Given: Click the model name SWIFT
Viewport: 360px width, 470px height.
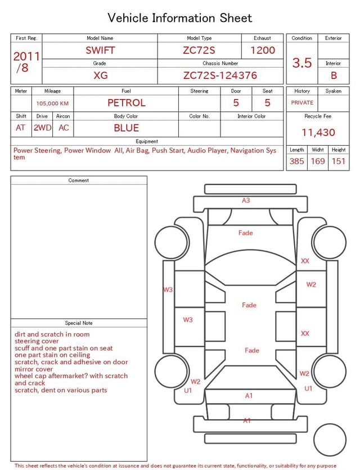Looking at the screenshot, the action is pyautogui.click(x=100, y=50).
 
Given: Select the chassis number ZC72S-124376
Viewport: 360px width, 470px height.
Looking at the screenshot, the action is pyautogui.click(x=220, y=75).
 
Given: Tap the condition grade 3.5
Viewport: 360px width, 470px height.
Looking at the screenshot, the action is pyautogui.click(x=302, y=63).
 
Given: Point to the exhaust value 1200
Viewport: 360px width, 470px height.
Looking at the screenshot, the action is pyautogui.click(x=263, y=50).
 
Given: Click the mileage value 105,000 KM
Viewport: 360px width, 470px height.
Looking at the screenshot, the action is pyautogui.click(x=52, y=104).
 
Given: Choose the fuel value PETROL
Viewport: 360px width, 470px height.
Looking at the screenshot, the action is pyautogui.click(x=127, y=103).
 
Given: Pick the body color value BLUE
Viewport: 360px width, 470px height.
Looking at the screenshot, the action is pyautogui.click(x=127, y=128).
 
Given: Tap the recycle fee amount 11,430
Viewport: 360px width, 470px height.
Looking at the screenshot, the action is pyautogui.click(x=318, y=132).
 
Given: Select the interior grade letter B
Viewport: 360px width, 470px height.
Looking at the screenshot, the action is pyautogui.click(x=334, y=75).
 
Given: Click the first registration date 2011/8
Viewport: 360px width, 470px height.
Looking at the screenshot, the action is pyautogui.click(x=26, y=62).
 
